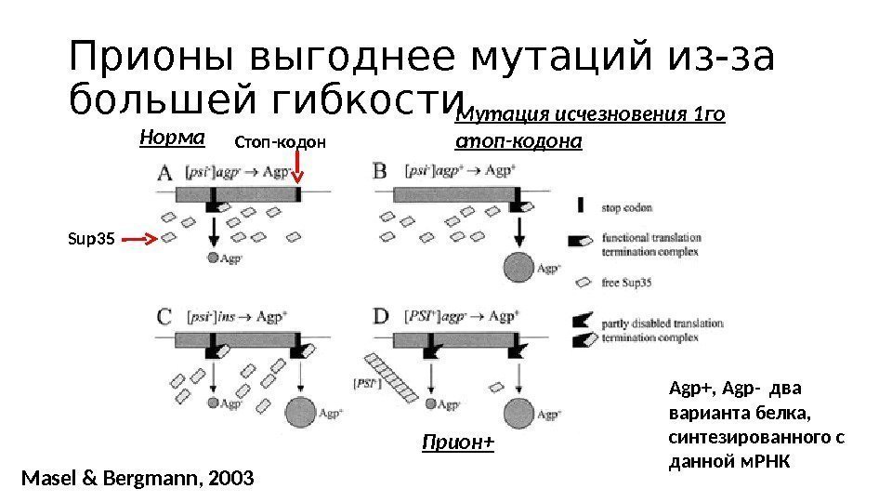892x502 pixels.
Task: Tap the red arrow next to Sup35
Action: coord(141,240)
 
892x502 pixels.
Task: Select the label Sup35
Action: coord(90,240)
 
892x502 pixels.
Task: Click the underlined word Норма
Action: coord(171,138)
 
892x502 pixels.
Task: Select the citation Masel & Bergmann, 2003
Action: coord(136,479)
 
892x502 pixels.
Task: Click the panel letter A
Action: coord(164,174)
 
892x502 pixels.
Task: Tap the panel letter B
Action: coord(380,173)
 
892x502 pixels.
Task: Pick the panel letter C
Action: coord(164,316)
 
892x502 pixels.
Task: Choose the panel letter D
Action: coord(381,316)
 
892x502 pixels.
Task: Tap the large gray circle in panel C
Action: coord(301,410)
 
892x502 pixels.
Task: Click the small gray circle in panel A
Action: coord(213,258)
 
